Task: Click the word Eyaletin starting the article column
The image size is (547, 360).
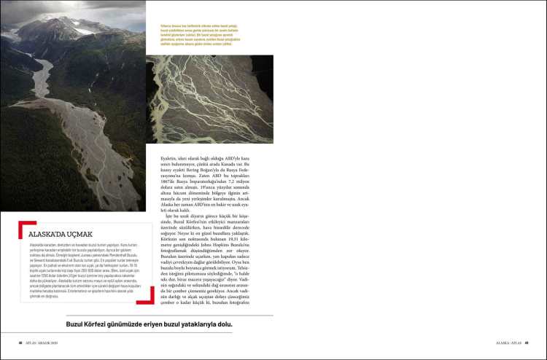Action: coord(171,149)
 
